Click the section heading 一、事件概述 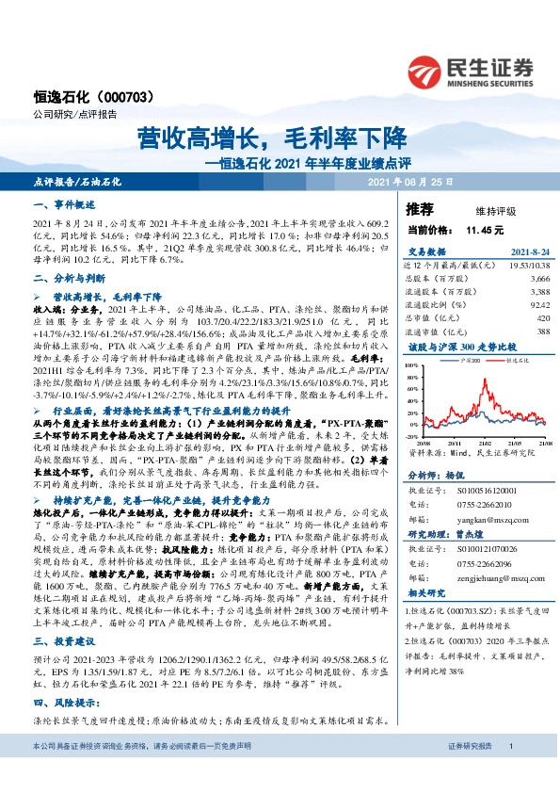[x=59, y=204]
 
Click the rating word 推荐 [x=419, y=206]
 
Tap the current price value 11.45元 [x=485, y=229]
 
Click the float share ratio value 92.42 [x=539, y=305]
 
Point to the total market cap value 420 [x=543, y=318]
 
